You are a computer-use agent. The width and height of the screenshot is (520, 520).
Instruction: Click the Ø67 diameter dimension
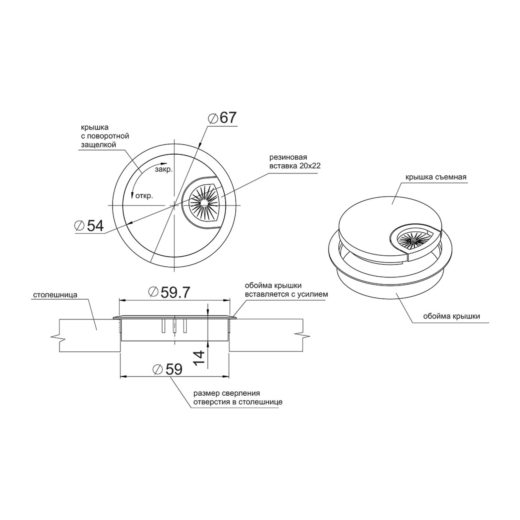click(x=222, y=118)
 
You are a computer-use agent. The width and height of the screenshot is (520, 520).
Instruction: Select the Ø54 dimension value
click(x=89, y=226)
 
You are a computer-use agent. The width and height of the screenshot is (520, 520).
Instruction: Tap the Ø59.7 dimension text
click(x=169, y=292)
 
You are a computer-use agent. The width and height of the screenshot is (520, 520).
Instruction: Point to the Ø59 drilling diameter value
click(x=167, y=369)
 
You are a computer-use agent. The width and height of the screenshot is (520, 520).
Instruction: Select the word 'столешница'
click(x=55, y=295)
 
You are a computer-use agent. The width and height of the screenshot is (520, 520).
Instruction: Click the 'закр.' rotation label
click(x=164, y=169)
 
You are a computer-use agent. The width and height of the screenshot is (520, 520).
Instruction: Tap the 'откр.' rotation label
click(x=144, y=196)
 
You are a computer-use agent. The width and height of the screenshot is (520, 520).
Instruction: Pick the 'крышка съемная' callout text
click(x=436, y=177)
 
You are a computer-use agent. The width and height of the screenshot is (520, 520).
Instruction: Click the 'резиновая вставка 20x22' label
click(x=295, y=161)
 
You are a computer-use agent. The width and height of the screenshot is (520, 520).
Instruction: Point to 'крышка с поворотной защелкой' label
click(x=105, y=136)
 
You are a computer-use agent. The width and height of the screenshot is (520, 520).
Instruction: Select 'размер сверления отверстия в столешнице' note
click(x=238, y=398)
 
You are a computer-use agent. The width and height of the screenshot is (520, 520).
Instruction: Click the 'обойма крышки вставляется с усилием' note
click(x=286, y=290)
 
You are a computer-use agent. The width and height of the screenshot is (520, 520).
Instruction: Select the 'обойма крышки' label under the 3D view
click(x=452, y=316)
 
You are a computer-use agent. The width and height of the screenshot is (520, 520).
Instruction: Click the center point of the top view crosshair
click(x=174, y=205)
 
